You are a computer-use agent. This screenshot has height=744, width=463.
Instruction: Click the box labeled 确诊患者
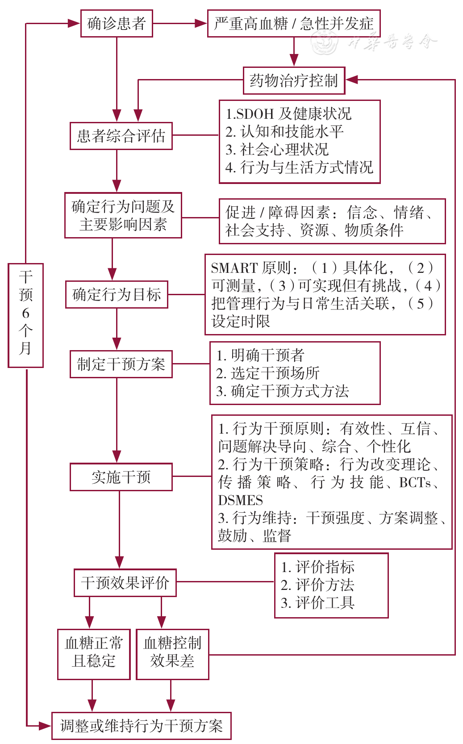(x=117, y=23)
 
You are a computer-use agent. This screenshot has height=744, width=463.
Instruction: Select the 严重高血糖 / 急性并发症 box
(x=294, y=23)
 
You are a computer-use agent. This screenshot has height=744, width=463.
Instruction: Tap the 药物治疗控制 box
(x=294, y=80)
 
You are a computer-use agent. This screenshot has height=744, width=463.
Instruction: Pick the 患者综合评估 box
(x=121, y=136)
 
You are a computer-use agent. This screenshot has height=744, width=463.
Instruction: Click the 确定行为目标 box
(x=117, y=294)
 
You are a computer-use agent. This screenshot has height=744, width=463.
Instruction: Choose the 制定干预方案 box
(x=121, y=364)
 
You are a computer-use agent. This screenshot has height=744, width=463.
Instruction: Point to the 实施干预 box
(x=121, y=477)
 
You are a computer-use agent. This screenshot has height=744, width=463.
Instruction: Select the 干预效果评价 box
(x=125, y=583)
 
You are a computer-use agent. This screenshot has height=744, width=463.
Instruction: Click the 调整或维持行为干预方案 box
(x=141, y=726)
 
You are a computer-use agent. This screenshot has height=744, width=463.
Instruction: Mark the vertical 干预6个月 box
(x=25, y=316)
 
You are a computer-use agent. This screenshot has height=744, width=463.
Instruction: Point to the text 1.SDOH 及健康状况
(x=288, y=114)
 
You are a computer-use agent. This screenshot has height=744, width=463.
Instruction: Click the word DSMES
(x=241, y=500)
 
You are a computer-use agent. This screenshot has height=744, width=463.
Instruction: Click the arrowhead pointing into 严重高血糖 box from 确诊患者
(x=201, y=23)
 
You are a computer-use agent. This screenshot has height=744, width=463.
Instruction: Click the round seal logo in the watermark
(x=325, y=42)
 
